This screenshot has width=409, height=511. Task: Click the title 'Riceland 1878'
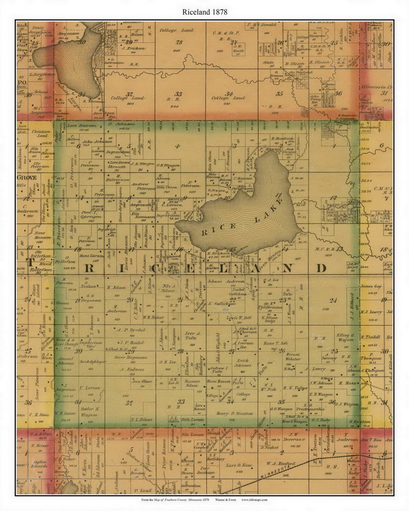point(204,12)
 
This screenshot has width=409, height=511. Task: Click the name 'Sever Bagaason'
point(130,357)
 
